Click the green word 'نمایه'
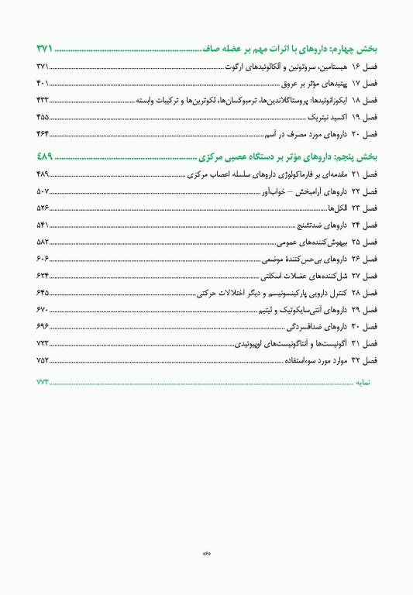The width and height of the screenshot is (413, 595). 364,382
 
